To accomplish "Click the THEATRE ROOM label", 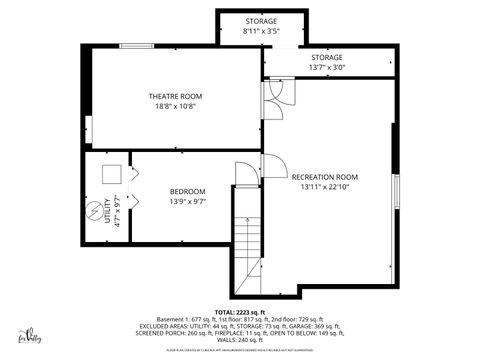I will tap(176, 96).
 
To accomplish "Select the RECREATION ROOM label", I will tap(324, 177).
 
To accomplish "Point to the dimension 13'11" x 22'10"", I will tap(324, 187).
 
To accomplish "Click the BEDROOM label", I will tap(187, 192).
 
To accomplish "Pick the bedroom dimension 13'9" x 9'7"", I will tap(187, 202).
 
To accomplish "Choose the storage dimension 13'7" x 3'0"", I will tap(326, 68).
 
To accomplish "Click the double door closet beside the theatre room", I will tap(275, 92).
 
